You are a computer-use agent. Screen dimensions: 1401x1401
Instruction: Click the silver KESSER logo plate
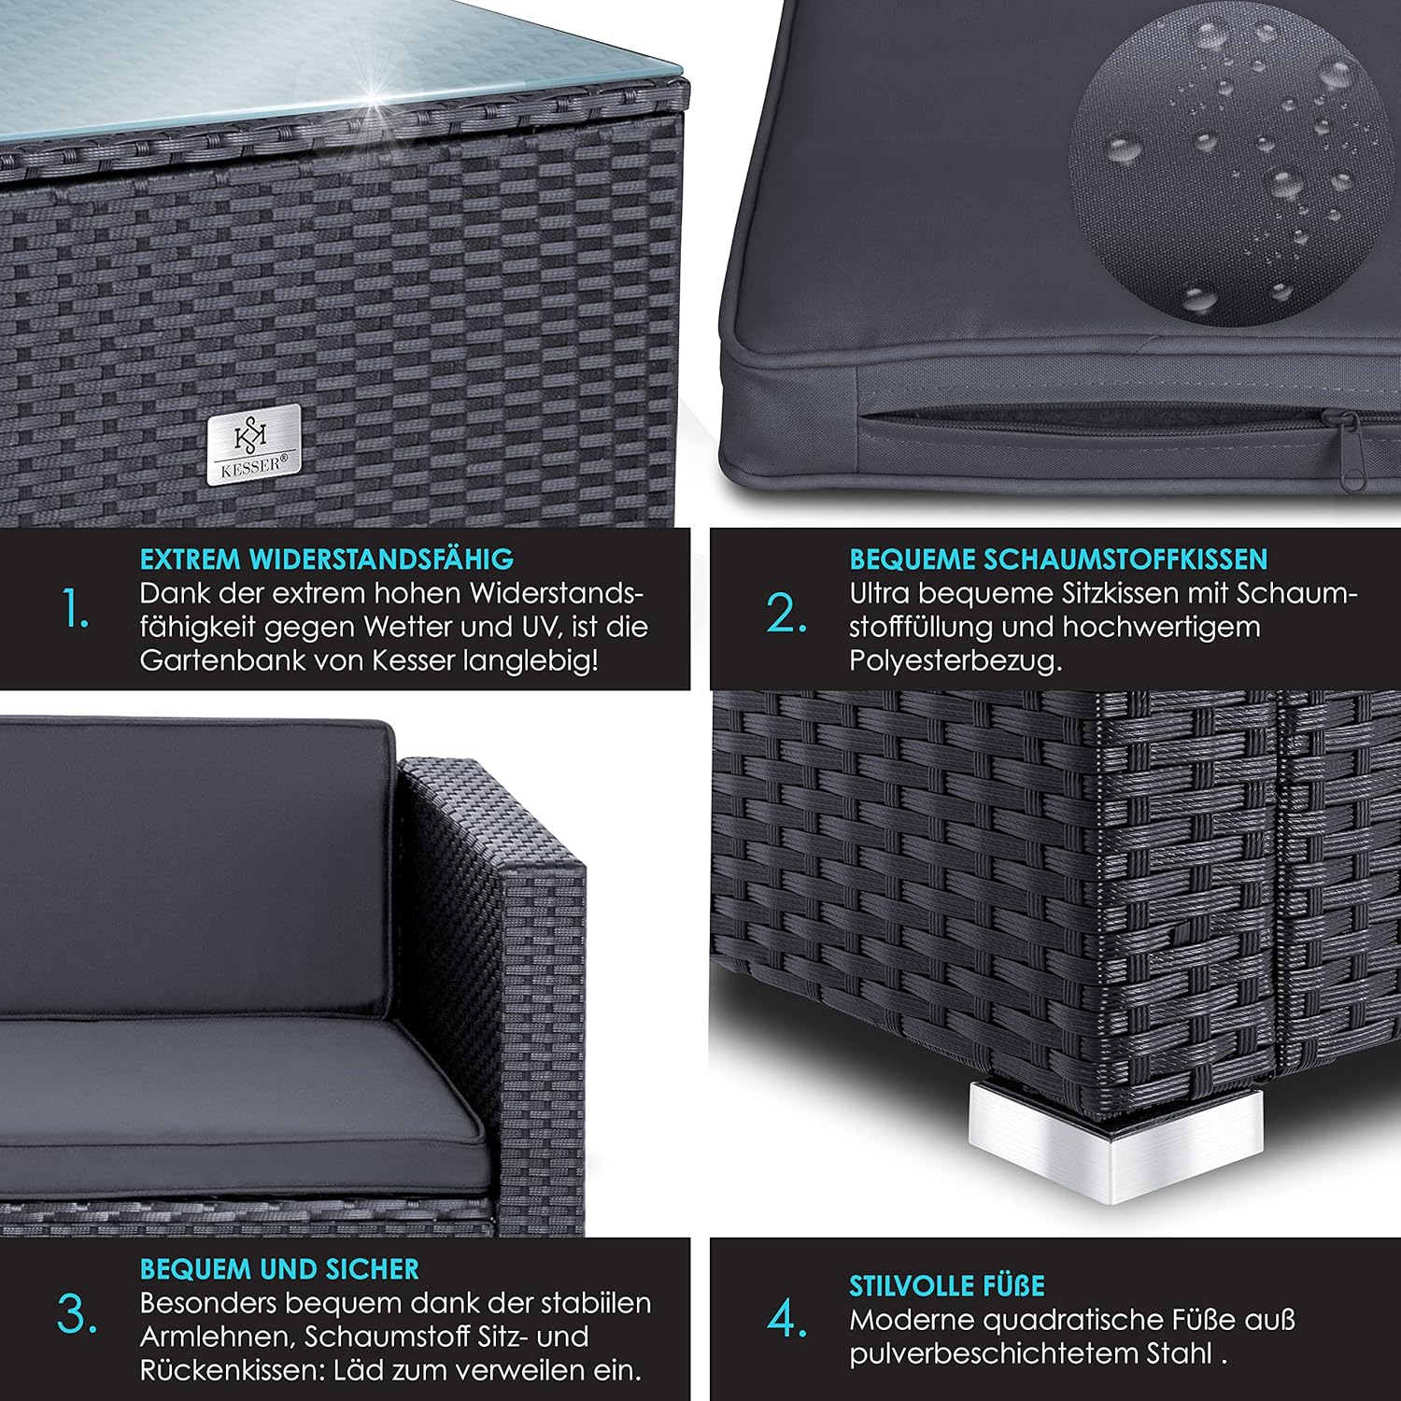(x=253, y=445)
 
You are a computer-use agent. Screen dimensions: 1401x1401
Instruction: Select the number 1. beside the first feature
(x=76, y=612)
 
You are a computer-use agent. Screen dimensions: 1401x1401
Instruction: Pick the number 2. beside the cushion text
(x=786, y=613)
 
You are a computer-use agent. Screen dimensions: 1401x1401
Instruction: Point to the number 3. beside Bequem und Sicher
(x=77, y=1315)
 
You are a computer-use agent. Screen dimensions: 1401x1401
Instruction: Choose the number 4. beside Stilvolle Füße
(x=787, y=1319)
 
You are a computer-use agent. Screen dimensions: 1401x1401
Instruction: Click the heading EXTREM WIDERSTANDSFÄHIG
(x=327, y=559)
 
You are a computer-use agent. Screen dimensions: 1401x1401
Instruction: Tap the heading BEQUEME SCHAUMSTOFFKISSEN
(x=1058, y=559)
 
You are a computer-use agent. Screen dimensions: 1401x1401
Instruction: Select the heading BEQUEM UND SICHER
(x=279, y=1268)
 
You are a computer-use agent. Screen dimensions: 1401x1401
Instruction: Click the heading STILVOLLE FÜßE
(x=947, y=1286)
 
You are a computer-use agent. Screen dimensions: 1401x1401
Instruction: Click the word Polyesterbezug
(x=955, y=661)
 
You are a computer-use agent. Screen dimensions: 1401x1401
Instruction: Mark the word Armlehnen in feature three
(x=217, y=1337)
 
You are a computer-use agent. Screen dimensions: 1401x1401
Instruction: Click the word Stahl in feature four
(x=1182, y=1353)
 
